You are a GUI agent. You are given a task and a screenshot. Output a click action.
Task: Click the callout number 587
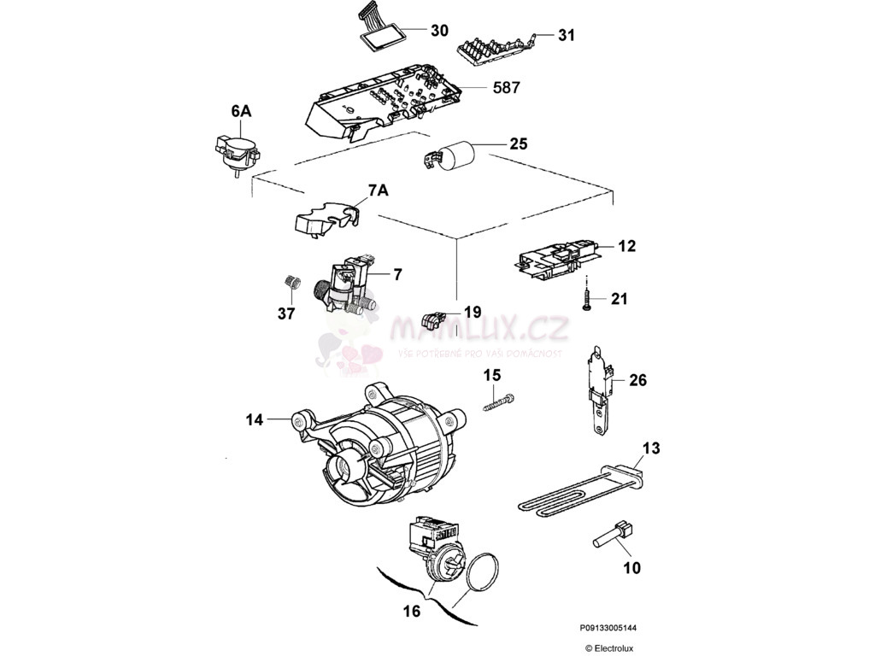point(506,87)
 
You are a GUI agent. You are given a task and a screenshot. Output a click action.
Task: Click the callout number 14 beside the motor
point(254,419)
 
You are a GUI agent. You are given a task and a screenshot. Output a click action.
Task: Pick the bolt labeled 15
point(501,401)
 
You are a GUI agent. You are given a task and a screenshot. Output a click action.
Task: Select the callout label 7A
point(377,190)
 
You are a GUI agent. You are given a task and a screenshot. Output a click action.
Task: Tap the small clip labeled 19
point(436,321)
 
